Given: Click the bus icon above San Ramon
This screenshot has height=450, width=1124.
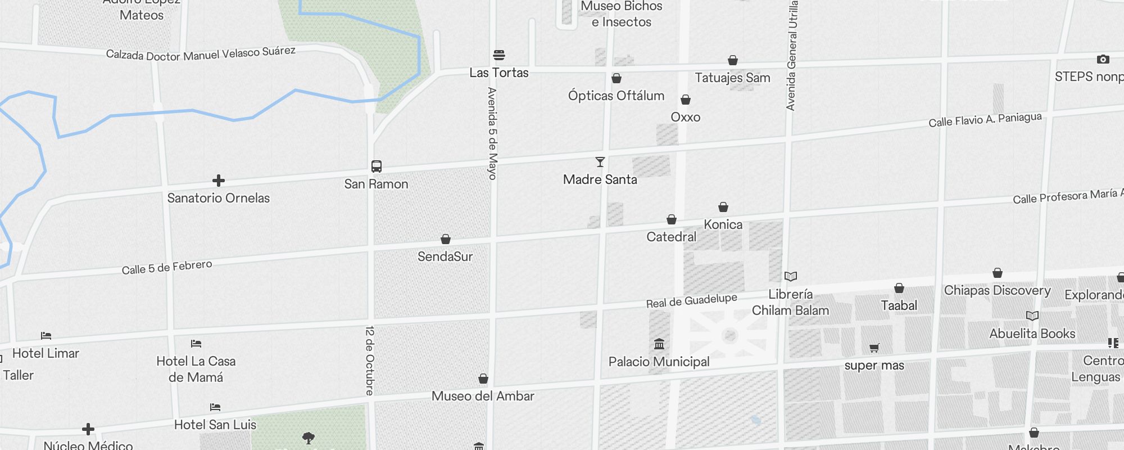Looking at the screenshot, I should pos(377,166).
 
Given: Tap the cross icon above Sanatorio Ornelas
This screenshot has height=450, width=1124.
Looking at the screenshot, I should pos(219,181).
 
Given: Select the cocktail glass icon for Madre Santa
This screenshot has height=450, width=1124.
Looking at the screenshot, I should pos(600,163).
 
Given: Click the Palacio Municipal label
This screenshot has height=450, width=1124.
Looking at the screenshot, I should pos(659,362).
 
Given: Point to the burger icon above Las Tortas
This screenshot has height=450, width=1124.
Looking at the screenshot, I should pos(499,55).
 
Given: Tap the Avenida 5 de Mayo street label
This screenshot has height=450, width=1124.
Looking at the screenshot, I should pos(492,133).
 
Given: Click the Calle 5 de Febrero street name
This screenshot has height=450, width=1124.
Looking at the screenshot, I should pos(167,267).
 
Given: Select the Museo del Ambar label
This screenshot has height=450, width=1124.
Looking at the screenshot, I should pos(483,396).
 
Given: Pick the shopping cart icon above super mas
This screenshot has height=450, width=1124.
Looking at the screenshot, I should pos(874,348).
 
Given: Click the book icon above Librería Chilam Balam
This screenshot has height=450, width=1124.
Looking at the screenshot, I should pos(791,277).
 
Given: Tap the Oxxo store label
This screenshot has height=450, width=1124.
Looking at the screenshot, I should pos(685,117).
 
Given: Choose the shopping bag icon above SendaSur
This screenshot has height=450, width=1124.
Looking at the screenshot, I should pos(446,240).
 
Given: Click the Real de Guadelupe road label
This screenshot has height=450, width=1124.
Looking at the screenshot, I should pos(691,301).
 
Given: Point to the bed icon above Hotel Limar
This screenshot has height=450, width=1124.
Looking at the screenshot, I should pos(46,336).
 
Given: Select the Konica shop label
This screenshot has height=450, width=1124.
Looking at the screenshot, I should pos(723,224).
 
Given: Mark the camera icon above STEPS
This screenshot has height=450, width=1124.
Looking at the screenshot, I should pos(1103,60).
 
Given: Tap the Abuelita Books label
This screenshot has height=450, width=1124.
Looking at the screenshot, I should pos(1032,334).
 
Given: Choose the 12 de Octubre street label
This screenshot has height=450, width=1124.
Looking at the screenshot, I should pos(370,360).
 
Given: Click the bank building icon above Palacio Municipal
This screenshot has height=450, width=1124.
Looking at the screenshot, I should pos(659,344).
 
